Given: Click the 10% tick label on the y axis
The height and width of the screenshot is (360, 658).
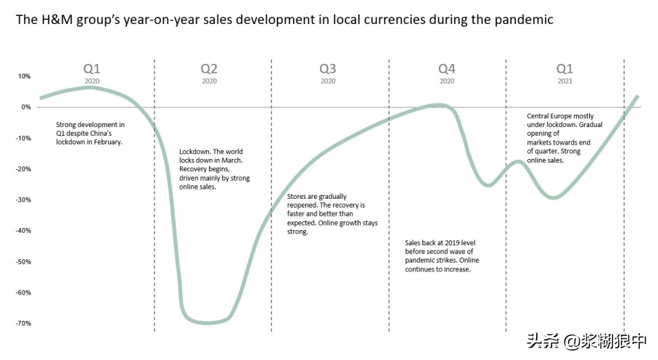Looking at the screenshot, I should point(24,76).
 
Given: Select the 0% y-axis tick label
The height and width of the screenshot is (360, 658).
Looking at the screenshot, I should point(26,107).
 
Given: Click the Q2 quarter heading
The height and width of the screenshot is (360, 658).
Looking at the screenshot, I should point(209,69).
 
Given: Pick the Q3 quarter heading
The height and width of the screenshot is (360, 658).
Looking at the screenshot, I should point(328,69).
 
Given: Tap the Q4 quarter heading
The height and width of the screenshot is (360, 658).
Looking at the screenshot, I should point(446,69).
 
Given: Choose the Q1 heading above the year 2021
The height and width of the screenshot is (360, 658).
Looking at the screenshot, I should point(564,69).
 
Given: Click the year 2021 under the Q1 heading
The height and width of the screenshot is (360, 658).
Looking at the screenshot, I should point(564,81).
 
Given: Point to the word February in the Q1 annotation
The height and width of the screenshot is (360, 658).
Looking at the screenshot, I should point(105,142).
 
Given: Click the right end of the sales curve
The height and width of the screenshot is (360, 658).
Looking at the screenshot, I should point(637,97).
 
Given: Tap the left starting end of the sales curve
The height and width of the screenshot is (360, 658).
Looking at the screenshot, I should point(41,98).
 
